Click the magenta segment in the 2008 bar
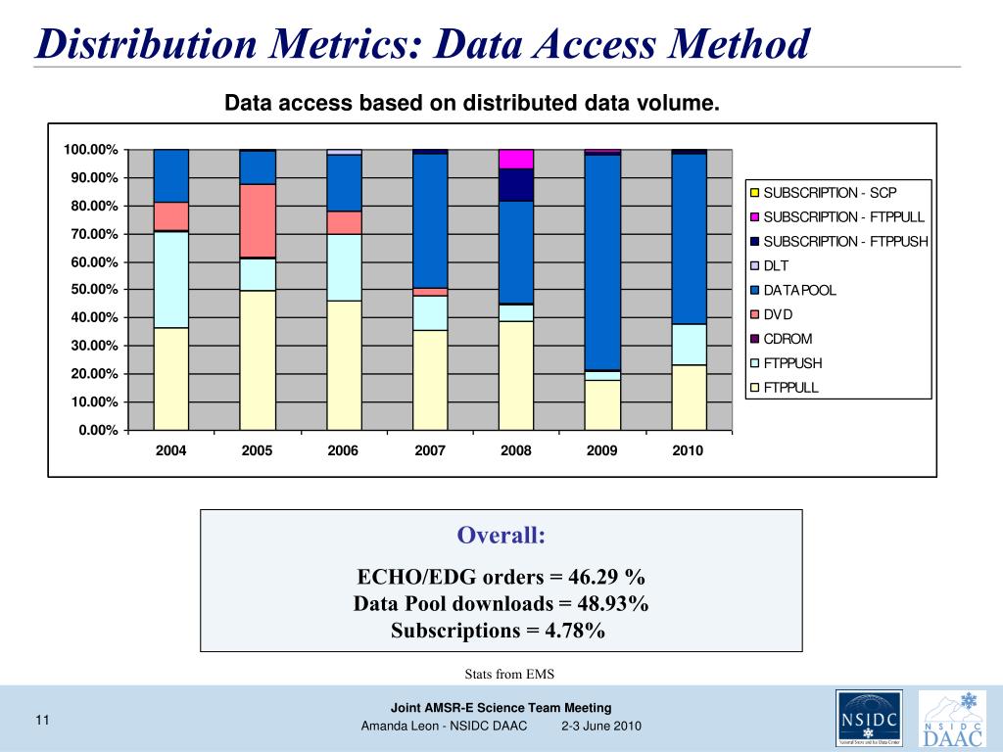pyautogui.click(x=516, y=159)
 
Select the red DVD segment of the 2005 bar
pyautogui.click(x=258, y=220)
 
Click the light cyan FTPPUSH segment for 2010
pyautogui.click(x=689, y=344)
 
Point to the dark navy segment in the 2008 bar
pyautogui.click(x=516, y=184)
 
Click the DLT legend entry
pyautogui.click(x=776, y=266)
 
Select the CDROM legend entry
pyautogui.click(x=787, y=340)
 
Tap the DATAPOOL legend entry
pyautogui.click(x=799, y=291)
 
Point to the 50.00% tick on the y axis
pyautogui.click(x=91, y=290)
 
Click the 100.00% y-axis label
pyautogui.click(x=91, y=150)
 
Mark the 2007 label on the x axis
pyautogui.click(x=430, y=451)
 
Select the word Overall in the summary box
pyautogui.click(x=501, y=536)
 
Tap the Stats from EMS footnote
pyautogui.click(x=501, y=673)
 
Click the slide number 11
pyautogui.click(x=42, y=722)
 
